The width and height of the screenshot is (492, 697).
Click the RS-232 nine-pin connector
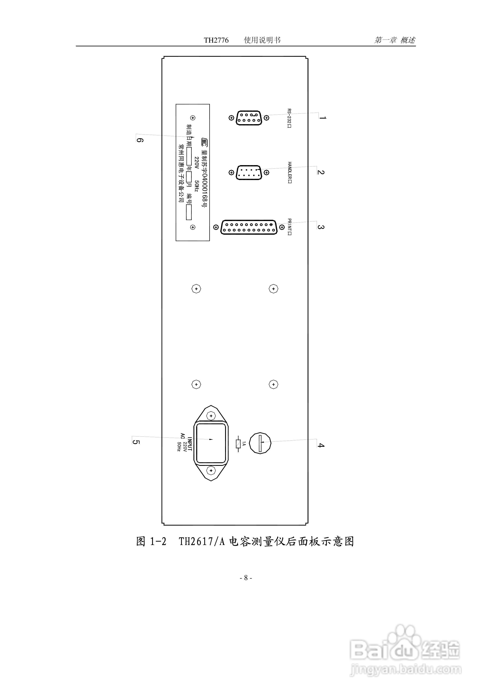point(249,118)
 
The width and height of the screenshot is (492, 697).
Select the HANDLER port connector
point(249,172)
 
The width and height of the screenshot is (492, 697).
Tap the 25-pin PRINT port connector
point(249,227)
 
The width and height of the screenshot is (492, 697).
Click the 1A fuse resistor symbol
point(238,444)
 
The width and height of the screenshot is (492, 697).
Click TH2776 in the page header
point(216,40)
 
